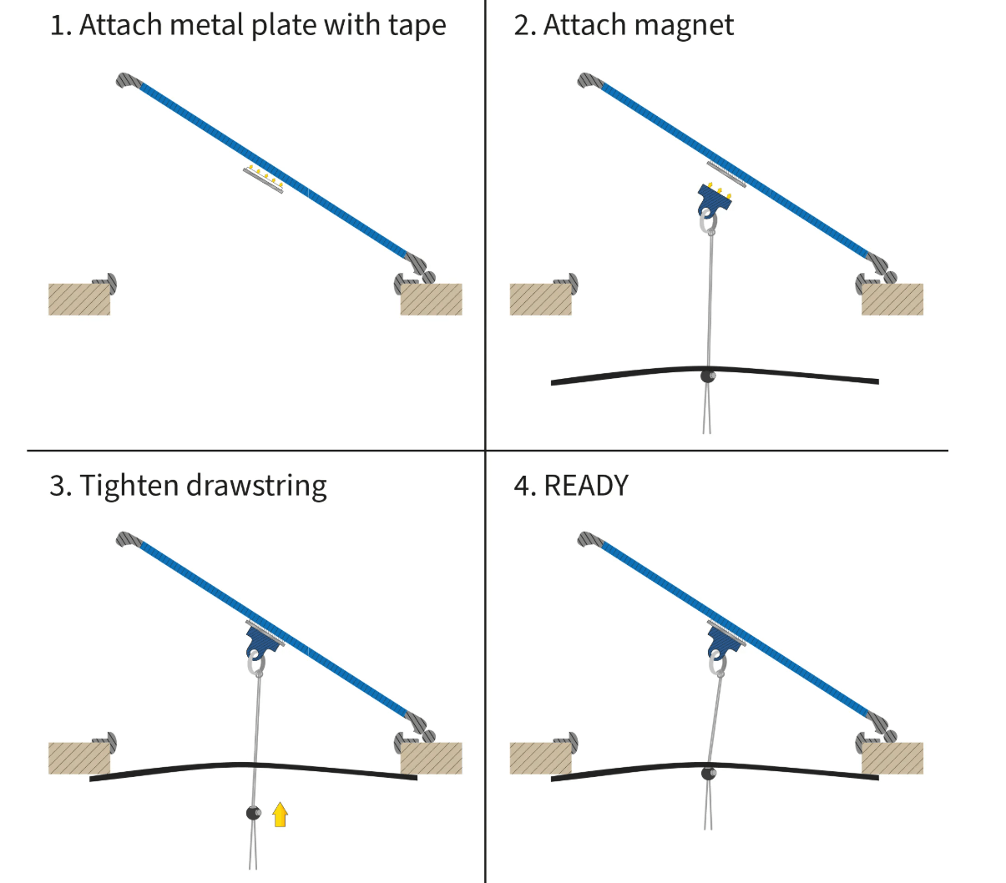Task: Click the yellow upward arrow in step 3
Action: pos(281,814)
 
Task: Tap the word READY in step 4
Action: pos(586,486)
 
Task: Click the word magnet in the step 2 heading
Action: pos(680,26)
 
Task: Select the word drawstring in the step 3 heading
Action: pos(256,486)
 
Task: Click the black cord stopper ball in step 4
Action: pos(709,773)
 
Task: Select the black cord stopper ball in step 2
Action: pos(709,376)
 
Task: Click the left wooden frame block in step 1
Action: pos(79,299)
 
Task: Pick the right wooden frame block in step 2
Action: pos(892,299)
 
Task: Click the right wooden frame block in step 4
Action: pos(892,758)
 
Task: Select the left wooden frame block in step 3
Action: pos(79,758)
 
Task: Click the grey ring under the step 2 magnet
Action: pos(707,223)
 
